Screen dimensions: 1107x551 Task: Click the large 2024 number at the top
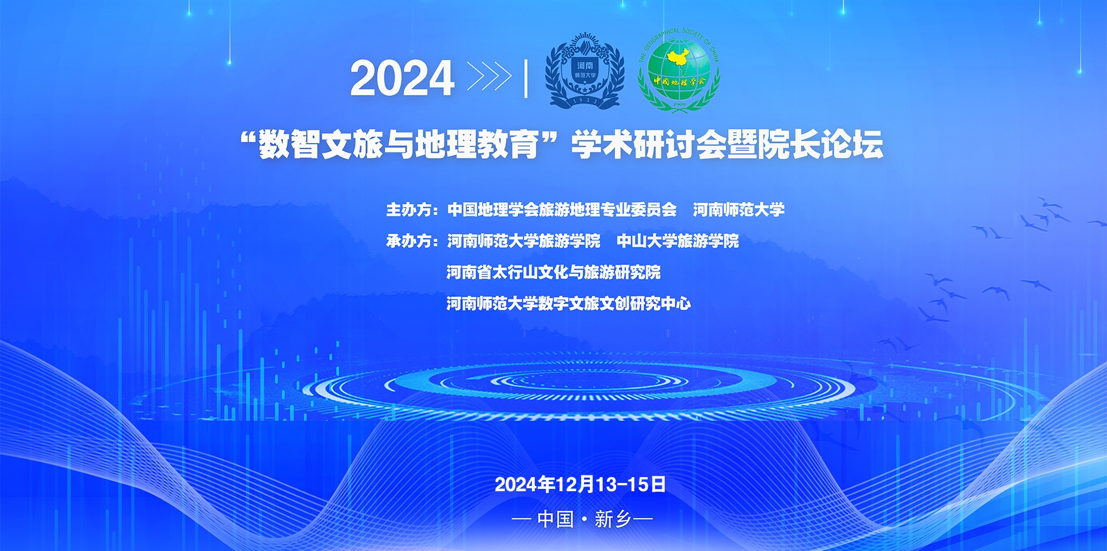click(x=402, y=78)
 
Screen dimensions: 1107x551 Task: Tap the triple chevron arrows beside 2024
click(x=489, y=77)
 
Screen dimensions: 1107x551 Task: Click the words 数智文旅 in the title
click(x=321, y=144)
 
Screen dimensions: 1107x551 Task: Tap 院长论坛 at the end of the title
click(x=820, y=144)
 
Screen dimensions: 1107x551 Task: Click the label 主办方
click(x=409, y=210)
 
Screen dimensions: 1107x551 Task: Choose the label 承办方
click(x=409, y=241)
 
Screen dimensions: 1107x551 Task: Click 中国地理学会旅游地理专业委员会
click(x=562, y=210)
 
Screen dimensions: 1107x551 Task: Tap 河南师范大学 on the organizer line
click(x=739, y=210)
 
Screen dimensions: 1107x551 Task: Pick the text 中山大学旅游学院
click(x=678, y=241)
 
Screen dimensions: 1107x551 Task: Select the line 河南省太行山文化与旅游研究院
click(x=553, y=272)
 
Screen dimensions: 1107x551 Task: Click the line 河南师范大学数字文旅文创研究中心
click(x=569, y=303)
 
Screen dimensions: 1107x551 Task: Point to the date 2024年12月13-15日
click(x=580, y=484)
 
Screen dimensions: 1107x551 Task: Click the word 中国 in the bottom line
click(x=555, y=519)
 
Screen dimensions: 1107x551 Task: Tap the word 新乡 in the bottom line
click(x=613, y=519)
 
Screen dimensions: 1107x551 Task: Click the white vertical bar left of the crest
click(x=526, y=78)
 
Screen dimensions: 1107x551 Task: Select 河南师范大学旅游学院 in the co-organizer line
click(x=524, y=241)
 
